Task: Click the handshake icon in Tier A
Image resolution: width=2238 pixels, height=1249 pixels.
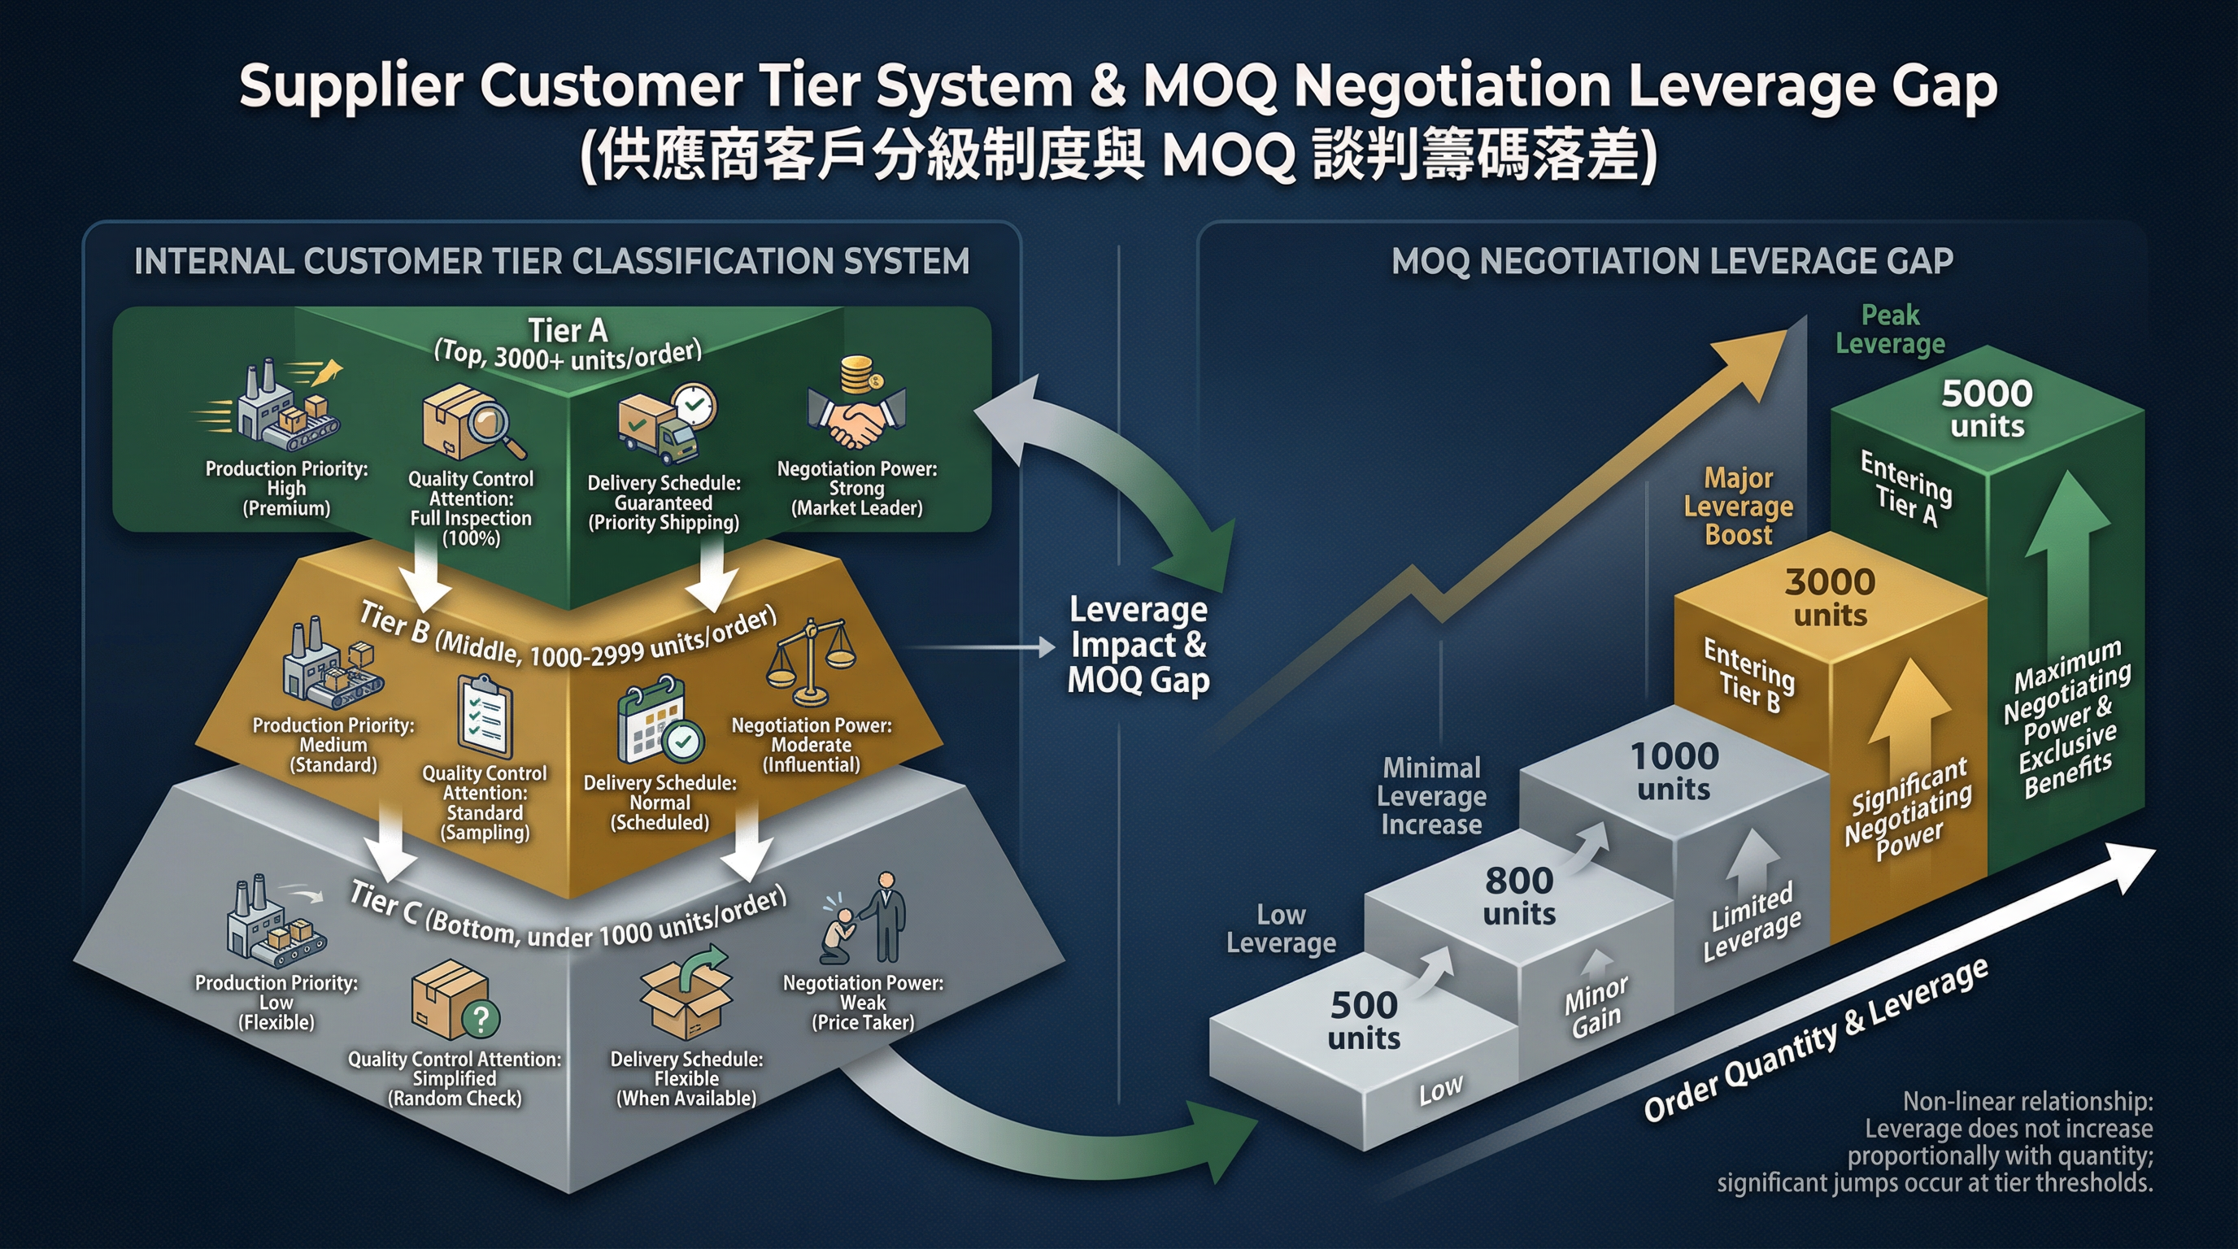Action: [x=856, y=421]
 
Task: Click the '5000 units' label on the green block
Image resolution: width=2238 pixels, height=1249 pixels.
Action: [x=1987, y=409]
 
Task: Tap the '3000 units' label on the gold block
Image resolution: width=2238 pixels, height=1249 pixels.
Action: [x=1831, y=598]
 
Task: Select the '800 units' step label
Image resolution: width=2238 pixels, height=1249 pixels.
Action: [x=1519, y=895]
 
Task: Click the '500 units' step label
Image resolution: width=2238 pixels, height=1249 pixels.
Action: [x=1364, y=1021]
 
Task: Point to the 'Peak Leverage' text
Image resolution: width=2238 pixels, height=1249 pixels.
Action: [x=1891, y=329]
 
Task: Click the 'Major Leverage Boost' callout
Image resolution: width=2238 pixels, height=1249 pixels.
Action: [x=1739, y=506]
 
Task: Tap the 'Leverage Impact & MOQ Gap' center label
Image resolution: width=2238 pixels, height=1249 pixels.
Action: [x=1139, y=645]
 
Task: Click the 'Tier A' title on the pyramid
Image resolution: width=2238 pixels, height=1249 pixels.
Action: [x=568, y=331]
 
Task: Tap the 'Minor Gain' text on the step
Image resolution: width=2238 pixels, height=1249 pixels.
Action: [x=1596, y=1007]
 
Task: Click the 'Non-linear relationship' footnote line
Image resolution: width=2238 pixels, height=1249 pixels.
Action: [x=2027, y=1101]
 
